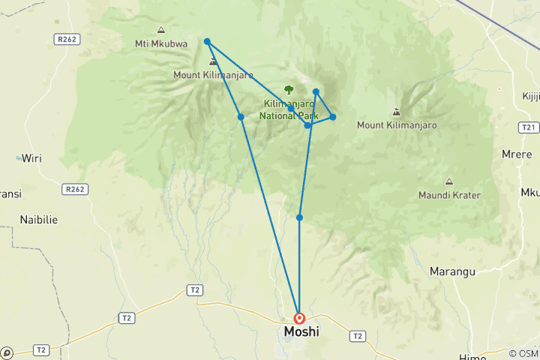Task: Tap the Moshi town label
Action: (x=301, y=331)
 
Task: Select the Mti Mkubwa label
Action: (x=161, y=43)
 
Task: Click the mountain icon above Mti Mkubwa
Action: (x=160, y=30)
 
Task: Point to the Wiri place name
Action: (x=31, y=158)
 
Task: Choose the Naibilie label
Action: (x=39, y=220)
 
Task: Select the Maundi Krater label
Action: (x=450, y=195)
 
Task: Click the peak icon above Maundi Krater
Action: (x=448, y=182)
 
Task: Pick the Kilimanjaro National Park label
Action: (x=289, y=109)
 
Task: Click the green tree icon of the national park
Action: (x=289, y=90)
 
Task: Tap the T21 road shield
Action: (x=529, y=127)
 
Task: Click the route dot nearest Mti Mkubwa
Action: (x=207, y=41)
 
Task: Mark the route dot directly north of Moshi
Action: (x=299, y=217)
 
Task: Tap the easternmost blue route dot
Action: (x=332, y=117)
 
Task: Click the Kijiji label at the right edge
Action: (x=531, y=96)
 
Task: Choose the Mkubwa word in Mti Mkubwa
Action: (x=169, y=43)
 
